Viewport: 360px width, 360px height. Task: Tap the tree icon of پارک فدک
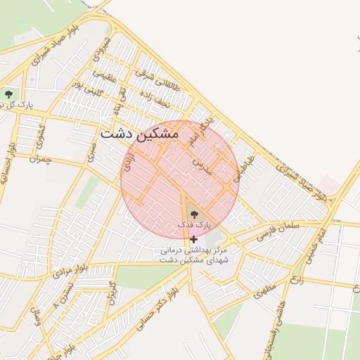pyautogui.click(x=193, y=213)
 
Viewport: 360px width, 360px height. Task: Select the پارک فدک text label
pyautogui.click(x=193, y=224)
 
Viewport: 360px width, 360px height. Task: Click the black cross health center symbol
pyautogui.click(x=193, y=239)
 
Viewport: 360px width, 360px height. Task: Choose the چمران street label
pyautogui.click(x=40, y=159)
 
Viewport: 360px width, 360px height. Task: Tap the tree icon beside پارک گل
pyautogui.click(x=8, y=94)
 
